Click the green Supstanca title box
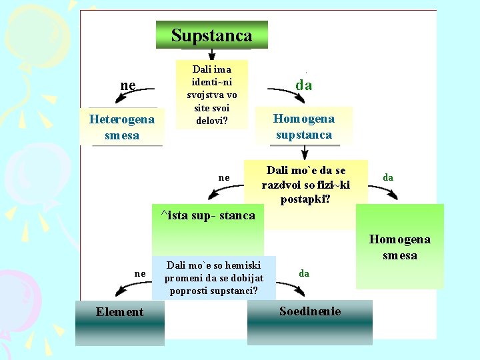[x=212, y=35]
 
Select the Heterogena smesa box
[x=122, y=127]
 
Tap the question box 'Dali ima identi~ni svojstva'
[x=211, y=94]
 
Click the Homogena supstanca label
[x=304, y=126]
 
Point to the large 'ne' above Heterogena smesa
[x=127, y=85]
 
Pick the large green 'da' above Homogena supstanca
[x=304, y=85]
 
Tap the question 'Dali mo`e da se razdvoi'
[x=306, y=185]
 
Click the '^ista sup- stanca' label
[x=208, y=215]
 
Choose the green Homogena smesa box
[x=400, y=247]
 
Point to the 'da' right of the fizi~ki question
[x=387, y=177]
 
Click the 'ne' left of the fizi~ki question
[x=224, y=177]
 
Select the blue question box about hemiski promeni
[x=214, y=277]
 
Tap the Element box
[x=120, y=322]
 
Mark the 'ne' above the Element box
[x=139, y=273]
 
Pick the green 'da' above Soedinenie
[x=304, y=273]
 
